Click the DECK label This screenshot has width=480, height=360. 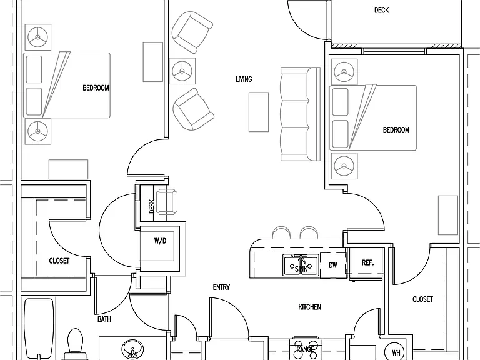tap(381, 10)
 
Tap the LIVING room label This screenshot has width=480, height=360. tap(244, 79)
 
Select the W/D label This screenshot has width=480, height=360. tap(161, 241)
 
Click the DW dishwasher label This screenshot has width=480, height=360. tap(333, 265)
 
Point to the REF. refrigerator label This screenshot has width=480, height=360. tap(367, 262)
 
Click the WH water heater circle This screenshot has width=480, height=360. tap(396, 351)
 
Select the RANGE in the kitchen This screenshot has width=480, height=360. tap(305, 349)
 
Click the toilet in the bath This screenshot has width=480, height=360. tap(75, 344)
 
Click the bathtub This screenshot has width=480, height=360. tap(39, 329)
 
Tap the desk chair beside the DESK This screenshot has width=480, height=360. tap(166, 202)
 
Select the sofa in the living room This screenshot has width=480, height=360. tap(300, 114)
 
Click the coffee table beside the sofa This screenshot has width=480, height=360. tap(259, 112)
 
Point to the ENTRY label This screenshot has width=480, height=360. tap(221, 287)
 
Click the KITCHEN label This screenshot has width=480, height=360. tap(309, 307)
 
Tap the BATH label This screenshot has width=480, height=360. tap(104, 319)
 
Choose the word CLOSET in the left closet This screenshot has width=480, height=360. tap(59, 261)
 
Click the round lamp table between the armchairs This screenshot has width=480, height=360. tap(182, 71)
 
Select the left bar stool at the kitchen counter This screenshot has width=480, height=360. tap(281, 232)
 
